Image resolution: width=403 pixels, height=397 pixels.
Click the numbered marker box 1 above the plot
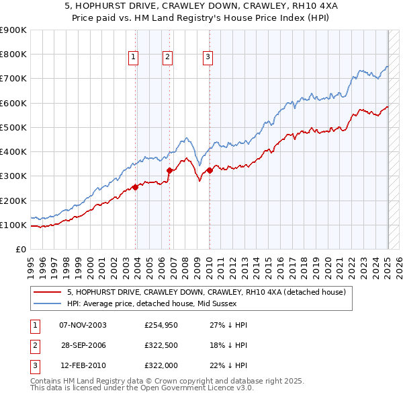(x=134, y=58)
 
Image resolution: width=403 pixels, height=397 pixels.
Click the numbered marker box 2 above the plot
(x=167, y=58)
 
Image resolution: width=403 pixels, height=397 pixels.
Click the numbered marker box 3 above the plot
(x=208, y=58)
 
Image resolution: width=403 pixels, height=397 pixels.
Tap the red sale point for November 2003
(x=136, y=187)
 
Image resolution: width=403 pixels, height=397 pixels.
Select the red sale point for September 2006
(x=170, y=170)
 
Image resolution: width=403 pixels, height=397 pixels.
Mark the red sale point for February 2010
(x=210, y=170)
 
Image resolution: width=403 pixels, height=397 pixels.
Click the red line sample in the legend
(x=47, y=293)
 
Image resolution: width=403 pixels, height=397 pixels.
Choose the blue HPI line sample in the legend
(x=47, y=303)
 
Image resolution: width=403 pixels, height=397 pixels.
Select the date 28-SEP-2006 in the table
(x=83, y=345)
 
